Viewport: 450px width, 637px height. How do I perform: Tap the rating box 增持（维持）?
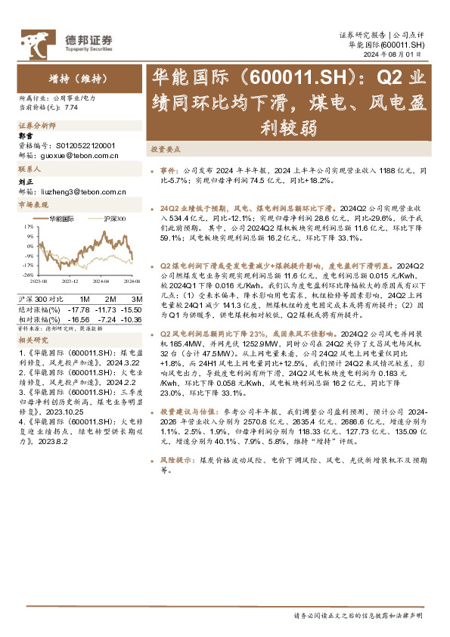coord(74,77)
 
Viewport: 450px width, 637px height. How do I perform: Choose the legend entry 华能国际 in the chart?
coord(62,219)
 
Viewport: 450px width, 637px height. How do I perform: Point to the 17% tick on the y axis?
coord(28,225)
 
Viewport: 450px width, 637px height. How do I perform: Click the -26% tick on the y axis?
coord(27,275)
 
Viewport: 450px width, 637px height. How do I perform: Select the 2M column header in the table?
coord(110,300)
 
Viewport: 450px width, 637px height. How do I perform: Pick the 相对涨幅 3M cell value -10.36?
coord(132,320)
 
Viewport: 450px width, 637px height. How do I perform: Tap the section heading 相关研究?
coord(31,340)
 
